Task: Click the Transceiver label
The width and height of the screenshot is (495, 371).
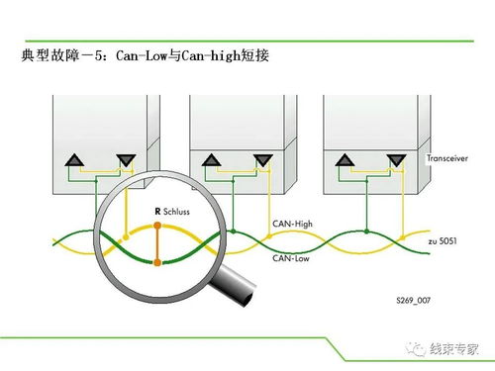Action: (x=447, y=158)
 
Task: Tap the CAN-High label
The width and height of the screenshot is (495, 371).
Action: (x=292, y=224)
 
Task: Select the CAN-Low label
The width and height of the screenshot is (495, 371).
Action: (x=291, y=258)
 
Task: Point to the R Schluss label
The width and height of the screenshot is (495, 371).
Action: (x=172, y=212)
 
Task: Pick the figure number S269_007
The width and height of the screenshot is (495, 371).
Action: (x=414, y=300)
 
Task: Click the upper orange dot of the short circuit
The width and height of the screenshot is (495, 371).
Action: (x=157, y=226)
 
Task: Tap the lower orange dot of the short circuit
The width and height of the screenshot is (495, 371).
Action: (x=157, y=262)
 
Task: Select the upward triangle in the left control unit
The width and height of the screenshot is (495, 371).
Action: (x=74, y=160)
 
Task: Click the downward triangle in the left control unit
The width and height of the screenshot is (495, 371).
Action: (x=126, y=160)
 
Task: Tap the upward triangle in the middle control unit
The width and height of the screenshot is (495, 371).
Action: (x=211, y=160)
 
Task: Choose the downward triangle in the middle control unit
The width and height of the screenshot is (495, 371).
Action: (x=263, y=160)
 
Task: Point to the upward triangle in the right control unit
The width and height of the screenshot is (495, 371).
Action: (x=345, y=160)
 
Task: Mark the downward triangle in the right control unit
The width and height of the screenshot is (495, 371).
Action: (x=396, y=160)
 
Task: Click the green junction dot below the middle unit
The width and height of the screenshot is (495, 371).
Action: (x=234, y=232)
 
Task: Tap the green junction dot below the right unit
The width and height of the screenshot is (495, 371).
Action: (x=366, y=232)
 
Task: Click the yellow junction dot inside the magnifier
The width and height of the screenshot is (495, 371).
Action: (x=126, y=237)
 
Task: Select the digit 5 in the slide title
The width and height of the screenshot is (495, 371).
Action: (x=99, y=55)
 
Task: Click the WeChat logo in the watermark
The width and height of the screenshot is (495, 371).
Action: (x=416, y=349)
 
